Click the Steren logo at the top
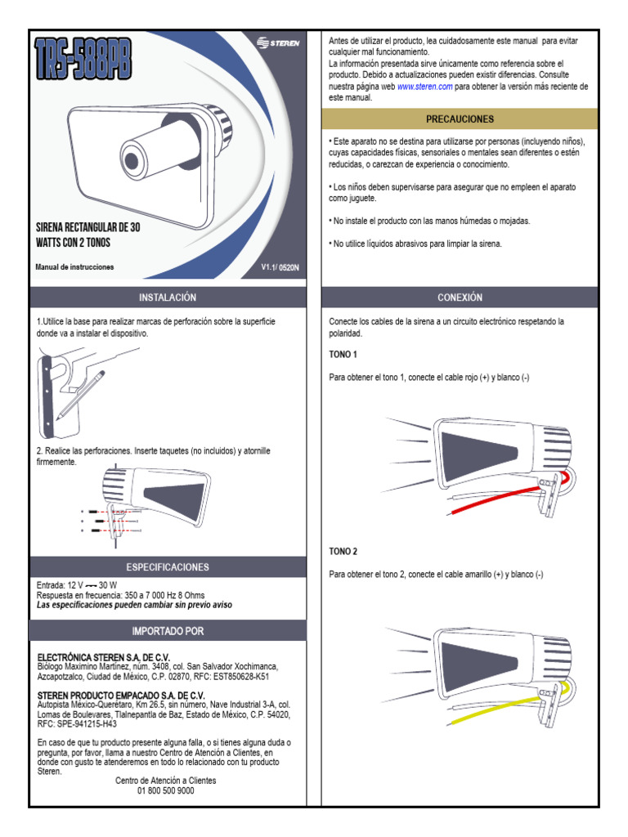pyautogui.click(x=280, y=43)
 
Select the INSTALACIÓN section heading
pyautogui.click(x=168, y=297)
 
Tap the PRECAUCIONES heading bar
pyautogui.click(x=460, y=119)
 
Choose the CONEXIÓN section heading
pyautogui.click(x=460, y=297)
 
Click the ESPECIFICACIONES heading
pyautogui.click(x=168, y=566)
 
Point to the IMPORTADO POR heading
pyautogui.click(x=168, y=631)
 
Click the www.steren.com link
pyautogui.click(x=424, y=87)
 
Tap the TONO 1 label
pyautogui.click(x=343, y=355)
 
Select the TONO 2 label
pyautogui.click(x=343, y=552)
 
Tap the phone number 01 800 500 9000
pyautogui.click(x=166, y=790)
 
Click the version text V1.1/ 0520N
pyautogui.click(x=280, y=267)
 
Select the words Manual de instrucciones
pyautogui.click(x=75, y=267)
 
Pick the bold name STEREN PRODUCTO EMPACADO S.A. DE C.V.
pyautogui.click(x=121, y=695)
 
